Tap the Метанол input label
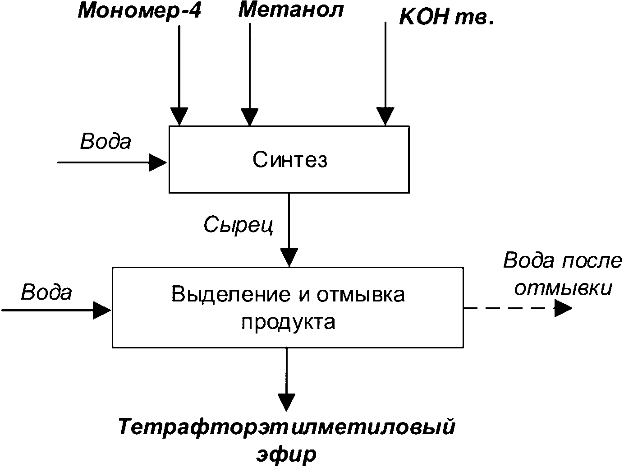(291, 9)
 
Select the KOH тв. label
(447, 17)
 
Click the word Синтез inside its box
(290, 160)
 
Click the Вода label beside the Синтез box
(106, 141)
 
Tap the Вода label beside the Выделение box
(46, 292)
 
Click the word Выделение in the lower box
(231, 294)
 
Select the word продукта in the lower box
(288, 322)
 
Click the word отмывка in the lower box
(361, 294)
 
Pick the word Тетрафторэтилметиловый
(287, 427)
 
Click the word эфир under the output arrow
(286, 454)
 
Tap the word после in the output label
(592, 260)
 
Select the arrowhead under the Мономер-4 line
(179, 116)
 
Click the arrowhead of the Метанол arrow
(250, 117)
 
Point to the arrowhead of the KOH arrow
(385, 116)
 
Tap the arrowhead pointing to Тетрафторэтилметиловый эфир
(286, 403)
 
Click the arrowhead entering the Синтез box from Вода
(158, 163)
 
